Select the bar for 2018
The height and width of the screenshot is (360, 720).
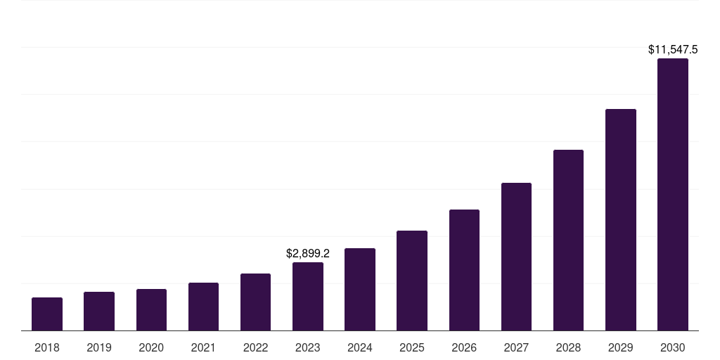pos(47,314)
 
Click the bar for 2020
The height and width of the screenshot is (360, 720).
pos(151,310)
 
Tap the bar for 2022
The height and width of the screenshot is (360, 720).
pos(255,302)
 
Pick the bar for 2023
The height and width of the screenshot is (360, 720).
pos(308,297)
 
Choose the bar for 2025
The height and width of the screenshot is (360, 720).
pos(412,281)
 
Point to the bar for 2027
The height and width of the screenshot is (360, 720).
pos(516,257)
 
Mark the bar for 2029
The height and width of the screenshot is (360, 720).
pos(621,220)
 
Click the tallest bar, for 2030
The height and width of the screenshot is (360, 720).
pos(673,195)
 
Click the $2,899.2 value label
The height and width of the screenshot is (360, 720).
pos(308,253)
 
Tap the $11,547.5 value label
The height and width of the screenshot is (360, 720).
pos(673,50)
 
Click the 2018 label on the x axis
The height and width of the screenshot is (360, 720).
pos(47,347)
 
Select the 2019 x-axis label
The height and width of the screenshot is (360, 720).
pos(99,347)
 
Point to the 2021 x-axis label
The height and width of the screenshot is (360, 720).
pos(203,347)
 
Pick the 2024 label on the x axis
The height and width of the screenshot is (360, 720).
pos(360,347)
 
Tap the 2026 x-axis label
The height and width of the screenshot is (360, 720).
pos(464,347)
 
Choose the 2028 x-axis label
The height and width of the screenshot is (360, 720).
pos(568,347)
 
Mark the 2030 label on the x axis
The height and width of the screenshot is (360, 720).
pos(673,347)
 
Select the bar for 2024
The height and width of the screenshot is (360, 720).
pos(360,290)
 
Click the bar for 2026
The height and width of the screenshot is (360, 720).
pos(464,270)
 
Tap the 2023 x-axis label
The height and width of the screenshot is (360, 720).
pos(308,347)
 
